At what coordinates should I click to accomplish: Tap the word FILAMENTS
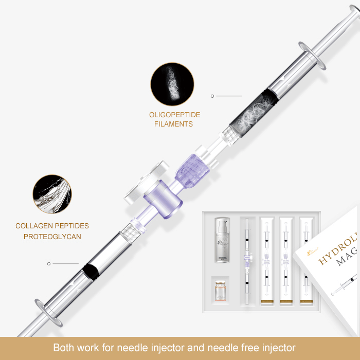point(175,124)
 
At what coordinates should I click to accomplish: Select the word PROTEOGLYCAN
point(52,237)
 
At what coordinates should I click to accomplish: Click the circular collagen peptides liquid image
point(52,194)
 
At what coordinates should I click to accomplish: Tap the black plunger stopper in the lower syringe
point(89,272)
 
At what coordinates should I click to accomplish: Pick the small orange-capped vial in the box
point(221,294)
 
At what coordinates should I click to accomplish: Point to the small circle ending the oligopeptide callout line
point(212,96)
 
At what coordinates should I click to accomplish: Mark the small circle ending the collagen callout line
point(49,264)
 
